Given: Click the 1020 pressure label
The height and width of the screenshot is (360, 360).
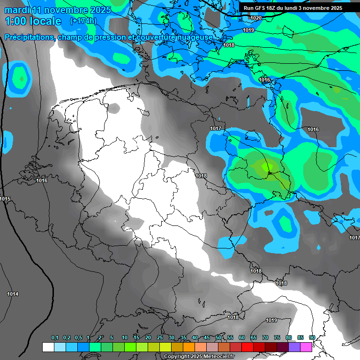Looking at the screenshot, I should click(256, 18).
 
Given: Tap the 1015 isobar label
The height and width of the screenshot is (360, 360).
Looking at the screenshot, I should click(5, 199).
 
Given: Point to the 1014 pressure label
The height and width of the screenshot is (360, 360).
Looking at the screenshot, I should click(13, 294).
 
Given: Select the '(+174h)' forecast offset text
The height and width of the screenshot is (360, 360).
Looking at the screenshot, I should click(83, 21).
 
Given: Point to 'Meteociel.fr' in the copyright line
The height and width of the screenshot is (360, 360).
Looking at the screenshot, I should click(218, 357).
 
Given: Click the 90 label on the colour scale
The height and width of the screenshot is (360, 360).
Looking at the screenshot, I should click(312, 338).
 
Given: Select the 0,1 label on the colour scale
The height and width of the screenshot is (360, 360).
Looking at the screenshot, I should click(54, 338).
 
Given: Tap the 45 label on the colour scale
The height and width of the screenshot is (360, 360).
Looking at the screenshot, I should click(207, 338).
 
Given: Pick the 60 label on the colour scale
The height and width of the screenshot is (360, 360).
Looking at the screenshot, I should click(242, 338).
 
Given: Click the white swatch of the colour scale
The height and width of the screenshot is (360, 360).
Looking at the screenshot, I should click(48, 347).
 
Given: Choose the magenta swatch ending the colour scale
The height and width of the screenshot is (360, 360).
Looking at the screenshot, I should click(306, 347).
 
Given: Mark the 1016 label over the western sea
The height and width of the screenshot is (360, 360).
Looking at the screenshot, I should click(42, 180).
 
